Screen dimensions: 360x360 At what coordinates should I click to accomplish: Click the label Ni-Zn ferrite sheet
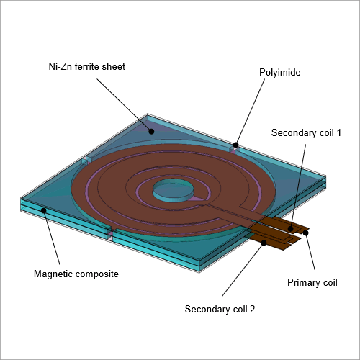coord(87,66)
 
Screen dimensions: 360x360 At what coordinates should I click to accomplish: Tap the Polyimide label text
coord(280,73)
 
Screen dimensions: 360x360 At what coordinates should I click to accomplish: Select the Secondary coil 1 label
coord(306,132)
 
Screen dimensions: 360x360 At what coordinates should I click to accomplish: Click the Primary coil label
coord(312,283)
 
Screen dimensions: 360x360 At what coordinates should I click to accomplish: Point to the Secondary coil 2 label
coord(220,309)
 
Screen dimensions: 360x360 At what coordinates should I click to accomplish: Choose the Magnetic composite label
coord(76,274)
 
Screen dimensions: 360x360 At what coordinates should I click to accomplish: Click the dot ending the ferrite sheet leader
coord(151,131)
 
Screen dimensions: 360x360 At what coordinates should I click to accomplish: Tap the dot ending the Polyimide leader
coord(235,145)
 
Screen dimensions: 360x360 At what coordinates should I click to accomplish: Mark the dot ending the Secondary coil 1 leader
coord(290,228)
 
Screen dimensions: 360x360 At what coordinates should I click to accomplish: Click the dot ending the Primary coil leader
coord(305,233)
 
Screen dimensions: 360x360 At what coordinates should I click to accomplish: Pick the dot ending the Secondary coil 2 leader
coord(264,243)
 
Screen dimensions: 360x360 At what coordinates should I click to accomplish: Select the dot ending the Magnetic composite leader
coord(43,210)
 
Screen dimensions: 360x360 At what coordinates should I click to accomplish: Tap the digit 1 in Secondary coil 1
coord(338,132)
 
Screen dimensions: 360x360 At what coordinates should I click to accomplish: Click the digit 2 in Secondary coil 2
coord(252,309)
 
